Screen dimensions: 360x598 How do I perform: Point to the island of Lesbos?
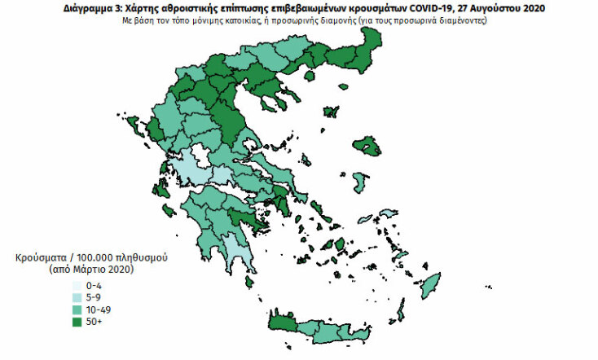point(370,147)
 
